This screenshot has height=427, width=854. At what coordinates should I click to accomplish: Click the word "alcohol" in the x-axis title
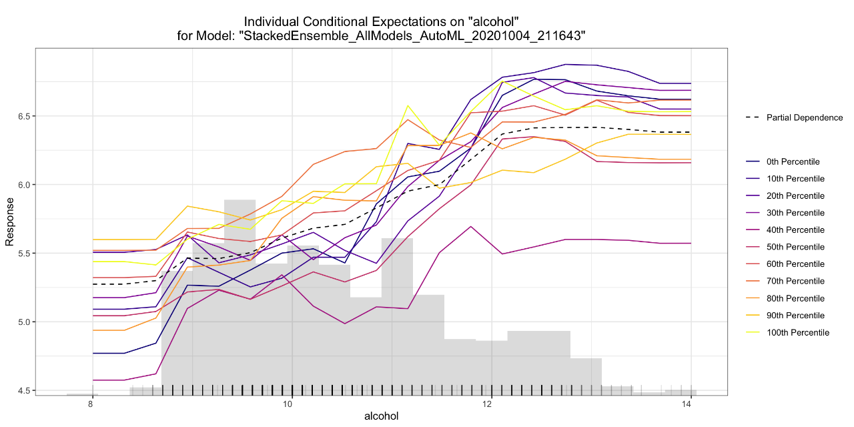(381, 416)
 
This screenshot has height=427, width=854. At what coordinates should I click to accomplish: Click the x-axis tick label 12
(490, 404)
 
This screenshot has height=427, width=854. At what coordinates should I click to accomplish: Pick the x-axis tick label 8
(91, 404)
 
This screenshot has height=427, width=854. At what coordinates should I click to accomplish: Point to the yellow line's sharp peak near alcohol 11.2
(408, 105)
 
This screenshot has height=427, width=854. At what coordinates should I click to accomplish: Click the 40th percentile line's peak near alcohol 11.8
(472, 226)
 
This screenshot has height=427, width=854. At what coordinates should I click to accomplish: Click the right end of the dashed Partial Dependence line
(690, 132)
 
